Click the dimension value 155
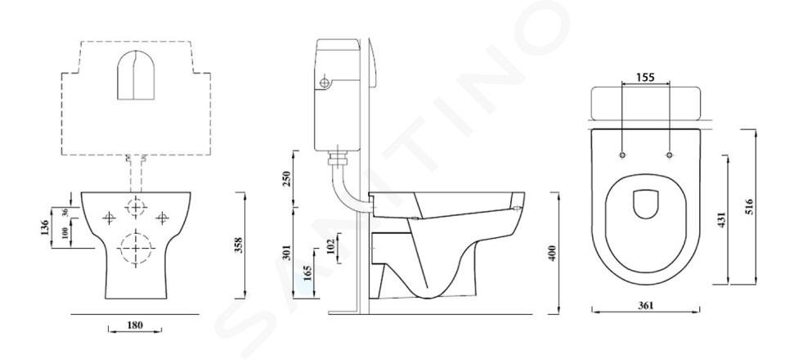coord(645,77)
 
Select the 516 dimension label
coord(749,206)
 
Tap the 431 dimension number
coord(721,219)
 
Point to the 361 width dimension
coord(646,305)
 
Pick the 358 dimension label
coord(238,245)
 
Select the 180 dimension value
coord(134,325)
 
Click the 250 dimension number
coord(286,178)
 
